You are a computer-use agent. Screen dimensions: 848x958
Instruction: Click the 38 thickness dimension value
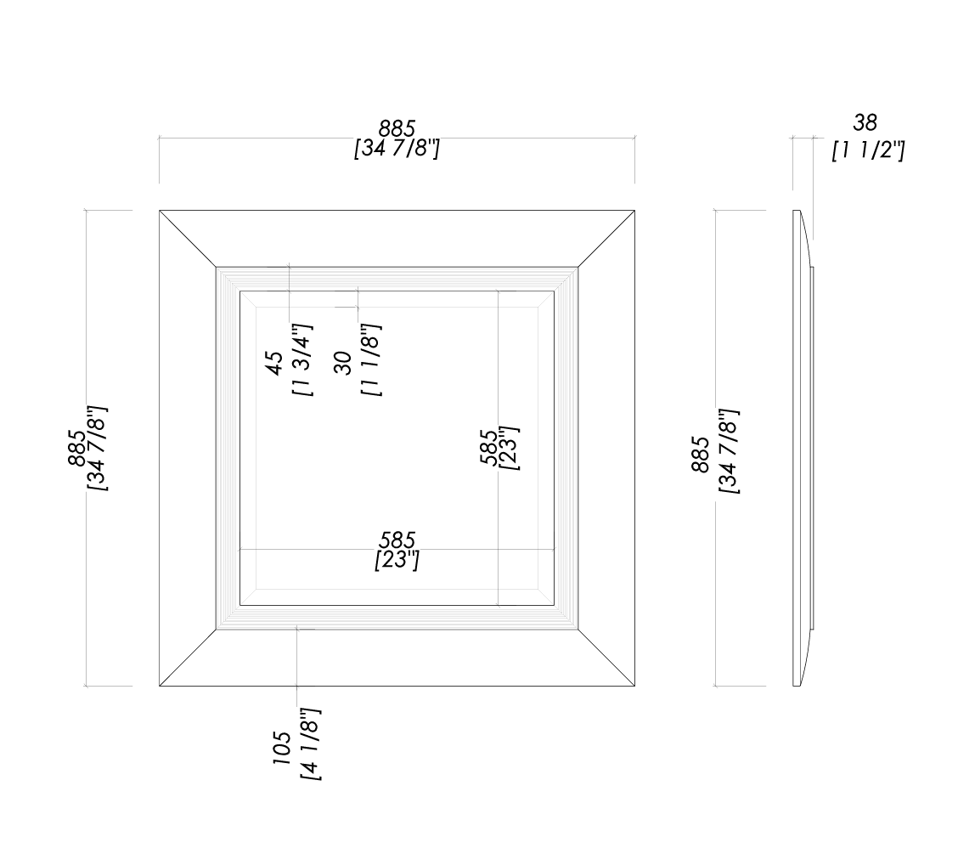(865, 123)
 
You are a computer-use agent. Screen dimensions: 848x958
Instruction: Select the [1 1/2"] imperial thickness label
(868, 151)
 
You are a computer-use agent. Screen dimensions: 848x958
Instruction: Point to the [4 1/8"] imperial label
(310, 744)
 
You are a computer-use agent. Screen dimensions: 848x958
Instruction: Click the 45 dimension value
(276, 363)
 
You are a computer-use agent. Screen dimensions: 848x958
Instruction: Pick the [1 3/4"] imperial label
(303, 360)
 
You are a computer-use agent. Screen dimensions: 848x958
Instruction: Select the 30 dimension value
(343, 363)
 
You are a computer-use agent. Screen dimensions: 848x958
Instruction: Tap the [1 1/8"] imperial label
(370, 360)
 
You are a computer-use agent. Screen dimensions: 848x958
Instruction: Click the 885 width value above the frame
(397, 128)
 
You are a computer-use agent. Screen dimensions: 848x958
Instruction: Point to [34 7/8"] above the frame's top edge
(397, 150)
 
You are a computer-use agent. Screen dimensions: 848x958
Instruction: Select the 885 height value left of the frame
(76, 448)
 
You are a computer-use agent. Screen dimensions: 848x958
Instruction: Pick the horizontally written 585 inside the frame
(397, 540)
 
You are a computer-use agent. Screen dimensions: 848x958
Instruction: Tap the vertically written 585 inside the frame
(489, 444)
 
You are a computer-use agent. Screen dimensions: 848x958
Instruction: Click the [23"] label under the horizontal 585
(397, 561)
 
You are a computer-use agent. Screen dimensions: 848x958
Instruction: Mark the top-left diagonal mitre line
(188, 239)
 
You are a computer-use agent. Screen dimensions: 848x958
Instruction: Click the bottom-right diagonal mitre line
(607, 657)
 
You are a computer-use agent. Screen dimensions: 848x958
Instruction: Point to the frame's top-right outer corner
(635, 210)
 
